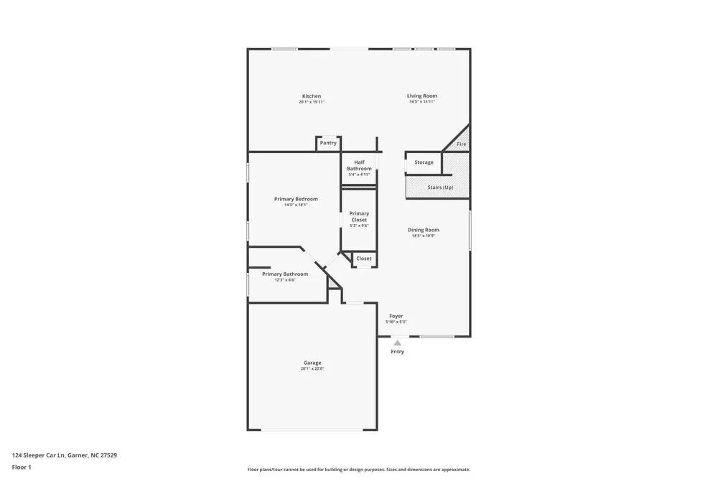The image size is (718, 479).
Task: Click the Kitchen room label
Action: [x=312, y=96]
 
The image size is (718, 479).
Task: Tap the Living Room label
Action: [x=422, y=96]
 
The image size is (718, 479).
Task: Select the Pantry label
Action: [x=328, y=143]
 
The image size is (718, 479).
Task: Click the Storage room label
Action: [x=424, y=162]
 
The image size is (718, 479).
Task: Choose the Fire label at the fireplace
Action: [x=462, y=144]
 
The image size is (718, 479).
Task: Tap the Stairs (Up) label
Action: [x=440, y=187]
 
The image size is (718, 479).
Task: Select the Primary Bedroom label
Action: [x=296, y=199]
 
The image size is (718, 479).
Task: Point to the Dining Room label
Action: [x=424, y=230]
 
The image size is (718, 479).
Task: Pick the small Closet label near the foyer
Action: [x=364, y=259]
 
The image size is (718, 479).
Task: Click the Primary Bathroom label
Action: [x=285, y=274]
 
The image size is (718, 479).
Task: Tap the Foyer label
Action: [x=396, y=316]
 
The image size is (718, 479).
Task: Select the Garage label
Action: [x=312, y=363]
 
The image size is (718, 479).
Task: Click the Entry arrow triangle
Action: [x=397, y=343]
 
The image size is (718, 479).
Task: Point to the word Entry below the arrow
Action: [x=397, y=352]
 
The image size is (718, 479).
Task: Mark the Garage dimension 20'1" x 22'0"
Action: [x=312, y=369]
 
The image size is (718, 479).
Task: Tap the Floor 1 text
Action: [x=22, y=467]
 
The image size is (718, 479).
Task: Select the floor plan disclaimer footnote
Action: [x=359, y=470]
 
